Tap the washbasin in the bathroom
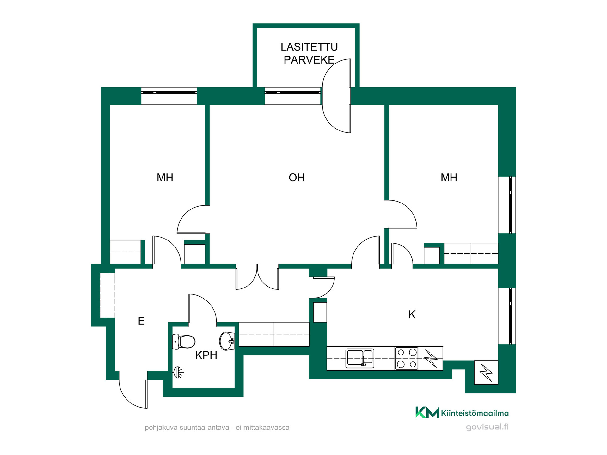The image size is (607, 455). point(227,341)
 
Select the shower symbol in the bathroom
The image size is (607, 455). point(178,372)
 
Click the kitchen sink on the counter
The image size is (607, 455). point(360,358)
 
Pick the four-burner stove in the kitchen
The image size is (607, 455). point(407,358)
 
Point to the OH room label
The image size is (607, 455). point(297,178)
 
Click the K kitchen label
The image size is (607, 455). point(412,314)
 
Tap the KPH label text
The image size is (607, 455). point(206,355)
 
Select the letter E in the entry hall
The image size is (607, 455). point(141,321)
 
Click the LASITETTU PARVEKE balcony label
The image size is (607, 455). point(309,53)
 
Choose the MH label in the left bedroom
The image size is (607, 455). point(165,178)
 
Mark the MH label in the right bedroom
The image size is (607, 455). point(449,178)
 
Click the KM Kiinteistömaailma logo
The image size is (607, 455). point(462,412)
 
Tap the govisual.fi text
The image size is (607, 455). point(487,427)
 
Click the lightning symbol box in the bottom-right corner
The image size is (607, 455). point(486,372)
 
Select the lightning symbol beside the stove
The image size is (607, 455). point(431,358)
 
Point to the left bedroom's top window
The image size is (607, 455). point(169,96)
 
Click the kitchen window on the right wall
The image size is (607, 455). point(507,316)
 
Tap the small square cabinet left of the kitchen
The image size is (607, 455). point(320,312)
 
